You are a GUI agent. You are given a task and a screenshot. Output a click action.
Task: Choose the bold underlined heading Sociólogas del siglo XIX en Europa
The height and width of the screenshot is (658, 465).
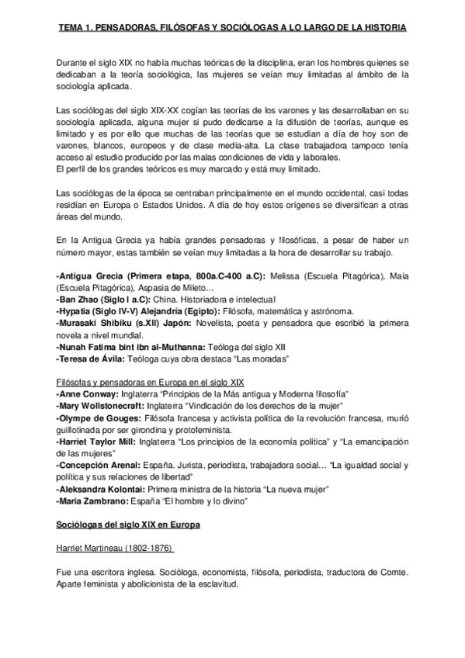click(128, 525)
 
